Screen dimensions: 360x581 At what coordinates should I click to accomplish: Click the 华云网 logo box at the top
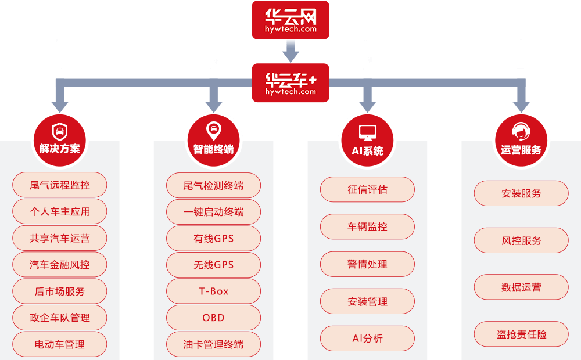[290, 20]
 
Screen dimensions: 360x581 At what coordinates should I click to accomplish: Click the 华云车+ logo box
[290, 83]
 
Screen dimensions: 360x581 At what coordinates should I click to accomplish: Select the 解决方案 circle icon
[59, 140]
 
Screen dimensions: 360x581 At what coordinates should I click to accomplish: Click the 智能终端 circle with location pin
[213, 140]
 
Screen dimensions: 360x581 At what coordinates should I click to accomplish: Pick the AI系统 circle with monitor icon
[367, 140]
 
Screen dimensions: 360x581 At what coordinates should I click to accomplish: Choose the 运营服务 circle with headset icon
[521, 140]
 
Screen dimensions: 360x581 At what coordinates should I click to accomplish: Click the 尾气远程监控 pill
[60, 186]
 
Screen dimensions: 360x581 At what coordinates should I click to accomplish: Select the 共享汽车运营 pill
[60, 239]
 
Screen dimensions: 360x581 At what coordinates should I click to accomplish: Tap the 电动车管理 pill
[60, 344]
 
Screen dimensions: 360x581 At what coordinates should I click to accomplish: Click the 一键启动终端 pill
[213, 212]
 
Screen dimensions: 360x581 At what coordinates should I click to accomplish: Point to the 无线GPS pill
[213, 265]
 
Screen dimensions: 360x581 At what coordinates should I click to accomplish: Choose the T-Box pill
[213, 291]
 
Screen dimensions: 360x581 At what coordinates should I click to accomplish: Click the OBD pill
[213, 318]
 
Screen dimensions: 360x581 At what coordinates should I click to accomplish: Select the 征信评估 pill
[367, 189]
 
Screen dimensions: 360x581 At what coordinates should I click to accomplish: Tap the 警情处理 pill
[367, 264]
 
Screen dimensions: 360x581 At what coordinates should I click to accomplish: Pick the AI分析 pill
[367, 339]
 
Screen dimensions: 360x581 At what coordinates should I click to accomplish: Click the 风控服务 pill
[521, 240]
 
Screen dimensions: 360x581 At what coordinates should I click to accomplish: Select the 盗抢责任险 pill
[521, 334]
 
